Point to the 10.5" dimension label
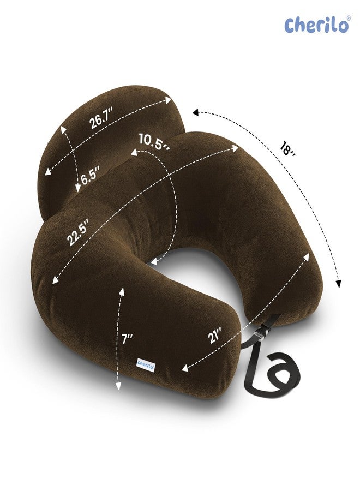point(153,140)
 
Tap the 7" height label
point(128,339)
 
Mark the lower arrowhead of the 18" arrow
point(339,284)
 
